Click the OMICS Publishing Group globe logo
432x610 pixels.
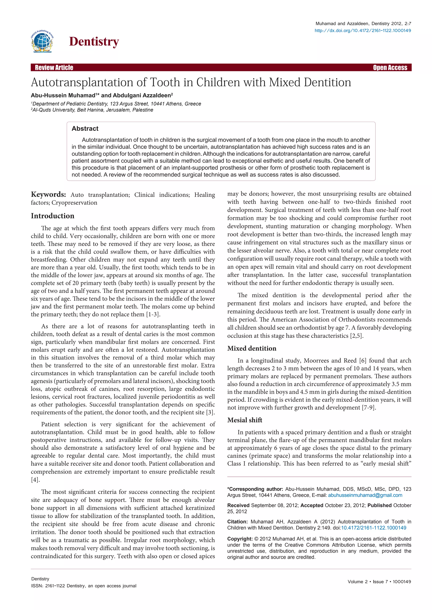point(42,41)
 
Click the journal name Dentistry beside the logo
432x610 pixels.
point(94,42)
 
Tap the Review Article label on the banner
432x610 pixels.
point(54,67)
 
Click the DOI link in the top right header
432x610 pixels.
point(363,31)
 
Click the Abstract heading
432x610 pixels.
point(85,128)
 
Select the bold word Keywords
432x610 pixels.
point(48,194)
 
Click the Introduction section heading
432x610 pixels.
point(52,216)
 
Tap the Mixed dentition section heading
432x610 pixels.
point(252,348)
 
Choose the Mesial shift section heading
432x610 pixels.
point(244,420)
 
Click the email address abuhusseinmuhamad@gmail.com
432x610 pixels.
point(365,495)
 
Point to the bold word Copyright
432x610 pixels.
point(240,539)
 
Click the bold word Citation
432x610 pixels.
point(237,522)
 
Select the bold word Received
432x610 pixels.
point(238,505)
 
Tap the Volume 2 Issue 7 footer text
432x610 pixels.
point(379,582)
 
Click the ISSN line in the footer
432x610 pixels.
point(84,586)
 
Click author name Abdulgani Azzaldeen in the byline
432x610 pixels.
point(142,95)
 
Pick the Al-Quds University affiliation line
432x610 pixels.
point(92,110)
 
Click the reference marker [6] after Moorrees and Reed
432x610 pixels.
point(363,361)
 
